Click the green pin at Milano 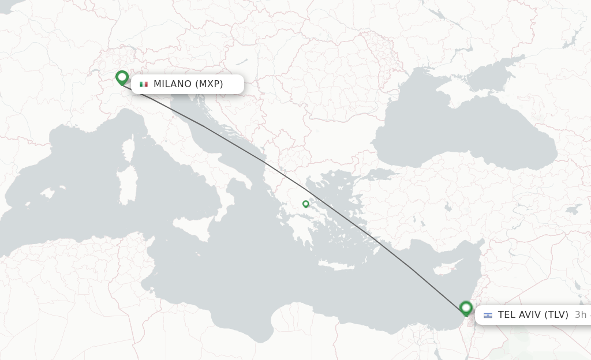122,77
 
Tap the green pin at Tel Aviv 466,307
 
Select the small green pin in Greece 306,204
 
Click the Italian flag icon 144,84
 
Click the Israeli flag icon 488,315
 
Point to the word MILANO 172,84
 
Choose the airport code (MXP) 209,84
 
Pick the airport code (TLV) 556,315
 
